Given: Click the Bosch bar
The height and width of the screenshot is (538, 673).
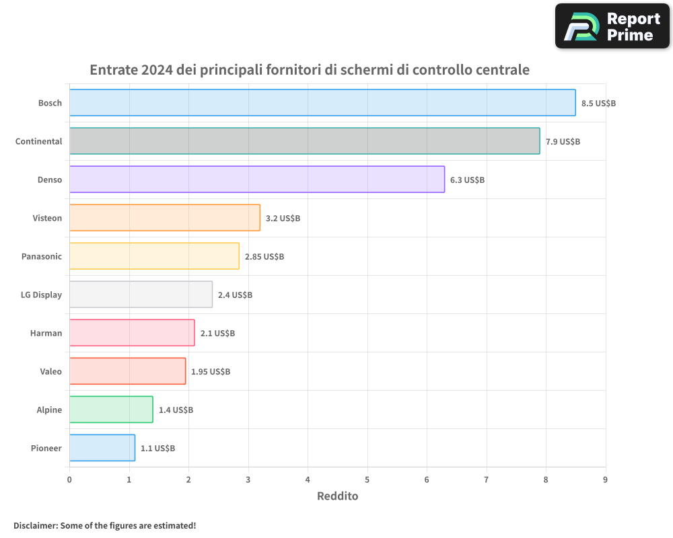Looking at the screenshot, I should [x=322, y=103].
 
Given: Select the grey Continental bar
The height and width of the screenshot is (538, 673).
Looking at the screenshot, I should [x=304, y=141].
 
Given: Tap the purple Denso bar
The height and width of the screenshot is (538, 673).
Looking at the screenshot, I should [x=256, y=180].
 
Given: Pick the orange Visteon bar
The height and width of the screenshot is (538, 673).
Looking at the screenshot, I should [x=164, y=218].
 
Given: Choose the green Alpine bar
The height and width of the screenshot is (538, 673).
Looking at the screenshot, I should [x=111, y=410].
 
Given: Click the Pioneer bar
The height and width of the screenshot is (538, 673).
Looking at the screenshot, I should [x=102, y=448].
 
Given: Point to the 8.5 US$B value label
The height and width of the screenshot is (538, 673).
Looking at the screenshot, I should [x=598, y=104].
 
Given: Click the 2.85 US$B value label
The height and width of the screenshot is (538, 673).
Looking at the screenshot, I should [x=264, y=257].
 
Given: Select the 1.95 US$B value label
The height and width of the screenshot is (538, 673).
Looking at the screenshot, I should [x=210, y=372].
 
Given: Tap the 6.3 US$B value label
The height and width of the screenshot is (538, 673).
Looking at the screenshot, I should [x=467, y=180].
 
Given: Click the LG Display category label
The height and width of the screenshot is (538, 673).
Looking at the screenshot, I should [x=42, y=295].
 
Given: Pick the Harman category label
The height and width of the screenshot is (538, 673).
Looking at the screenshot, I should [x=46, y=333].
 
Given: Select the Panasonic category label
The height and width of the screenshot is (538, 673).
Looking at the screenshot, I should [x=42, y=256].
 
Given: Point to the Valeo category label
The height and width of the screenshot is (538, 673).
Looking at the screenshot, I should [x=50, y=371].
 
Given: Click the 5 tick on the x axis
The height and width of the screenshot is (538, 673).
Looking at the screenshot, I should [x=367, y=479].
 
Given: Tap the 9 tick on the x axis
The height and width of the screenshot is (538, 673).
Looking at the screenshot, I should [x=605, y=479].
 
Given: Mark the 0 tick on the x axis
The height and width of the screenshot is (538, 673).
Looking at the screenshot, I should [x=69, y=479].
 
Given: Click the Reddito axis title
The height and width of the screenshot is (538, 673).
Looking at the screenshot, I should [x=337, y=496].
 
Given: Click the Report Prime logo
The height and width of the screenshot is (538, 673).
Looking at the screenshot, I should [x=612, y=26].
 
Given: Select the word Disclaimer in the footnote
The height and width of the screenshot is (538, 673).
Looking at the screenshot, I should [x=35, y=526].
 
